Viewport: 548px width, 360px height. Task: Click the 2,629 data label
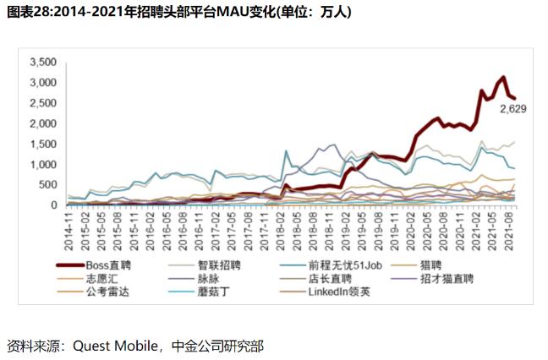tap(513, 109)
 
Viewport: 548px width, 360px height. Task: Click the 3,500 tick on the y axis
tap(41, 63)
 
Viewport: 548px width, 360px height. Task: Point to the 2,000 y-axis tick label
tap(41, 123)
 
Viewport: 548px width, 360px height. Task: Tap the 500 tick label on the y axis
tap(47, 184)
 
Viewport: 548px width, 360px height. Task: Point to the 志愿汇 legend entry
tap(103, 278)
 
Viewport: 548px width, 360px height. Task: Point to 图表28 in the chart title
tap(26, 12)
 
